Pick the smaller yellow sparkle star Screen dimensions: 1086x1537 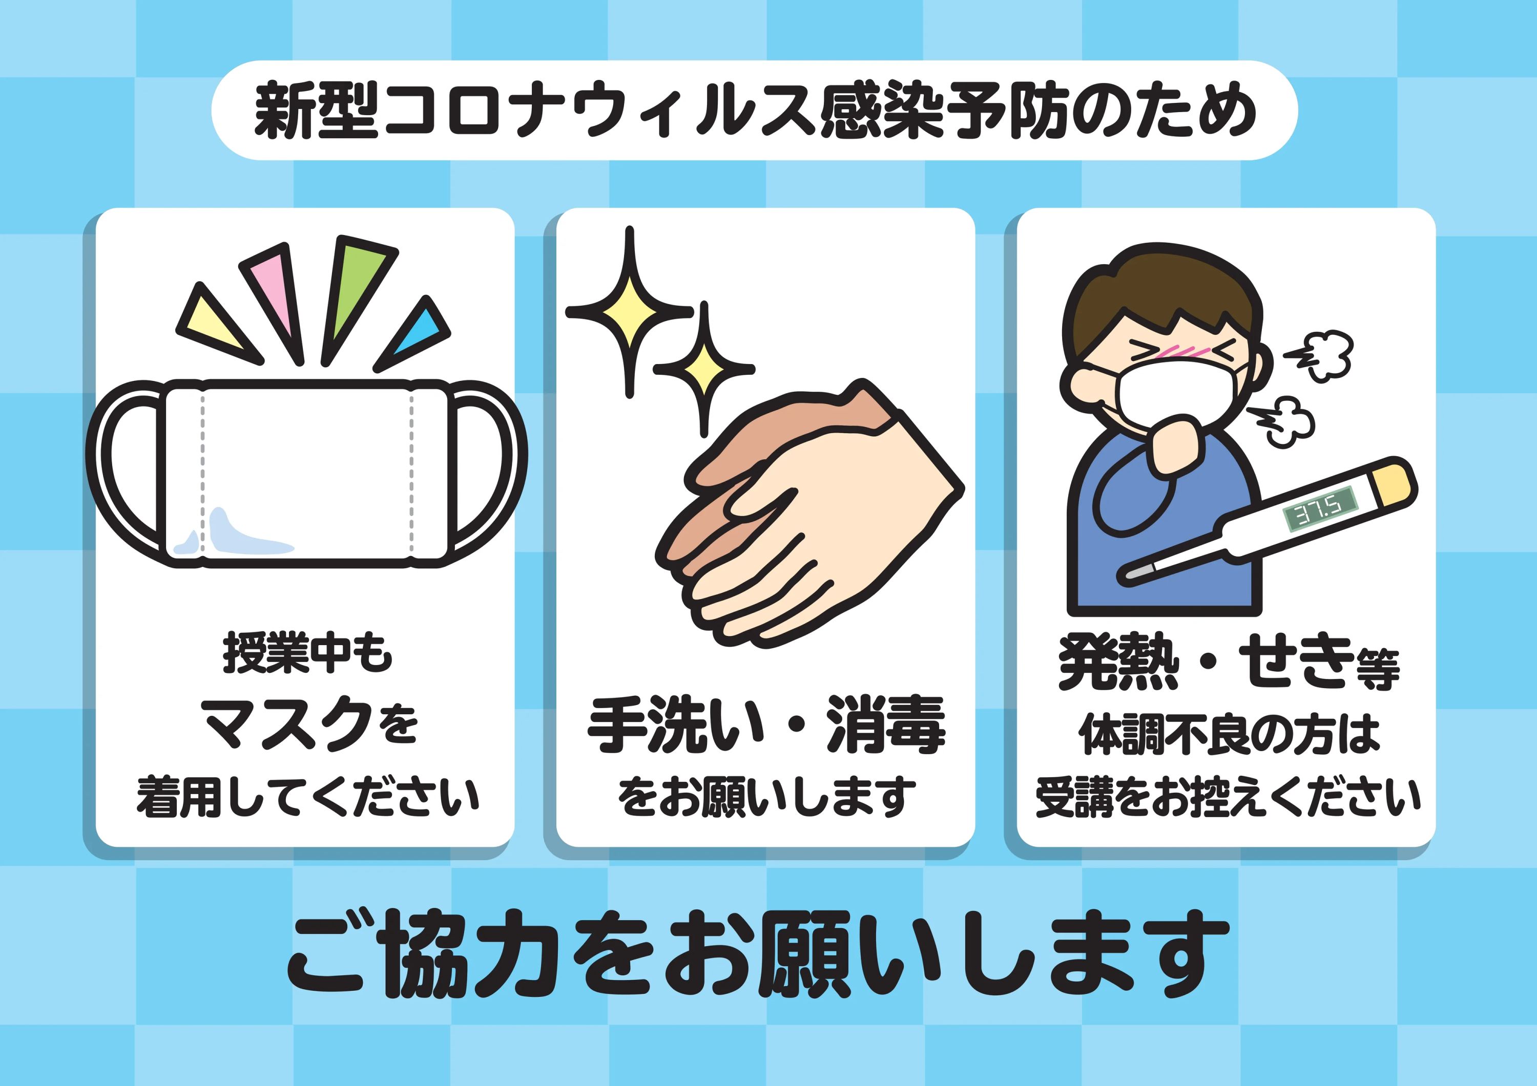(x=703, y=368)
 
